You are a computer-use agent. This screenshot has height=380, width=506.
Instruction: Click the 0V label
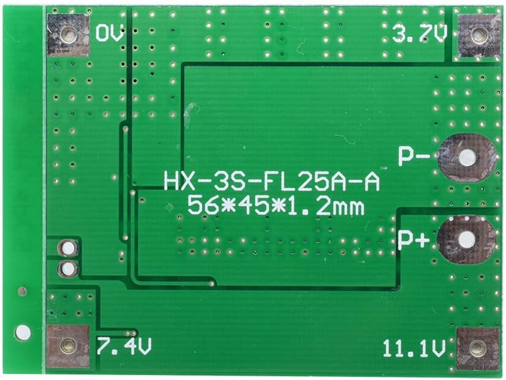(110, 32)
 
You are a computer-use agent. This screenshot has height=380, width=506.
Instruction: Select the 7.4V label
(124, 347)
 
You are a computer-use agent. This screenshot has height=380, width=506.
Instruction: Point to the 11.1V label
(414, 349)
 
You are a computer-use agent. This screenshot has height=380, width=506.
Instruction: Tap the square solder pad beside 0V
(68, 35)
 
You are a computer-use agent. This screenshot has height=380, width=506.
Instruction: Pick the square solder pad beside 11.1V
(478, 348)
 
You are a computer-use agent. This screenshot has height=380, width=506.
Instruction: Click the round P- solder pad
(467, 158)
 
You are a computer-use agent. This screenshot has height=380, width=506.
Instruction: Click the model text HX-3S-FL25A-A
(271, 181)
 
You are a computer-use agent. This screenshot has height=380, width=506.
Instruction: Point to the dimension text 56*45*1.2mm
(276, 206)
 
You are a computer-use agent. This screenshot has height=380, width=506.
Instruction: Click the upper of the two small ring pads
(67, 248)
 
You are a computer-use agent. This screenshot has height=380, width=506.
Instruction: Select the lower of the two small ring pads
(67, 268)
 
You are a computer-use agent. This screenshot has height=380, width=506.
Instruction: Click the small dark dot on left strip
(23, 291)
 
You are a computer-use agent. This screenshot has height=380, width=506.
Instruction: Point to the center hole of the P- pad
(467, 158)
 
